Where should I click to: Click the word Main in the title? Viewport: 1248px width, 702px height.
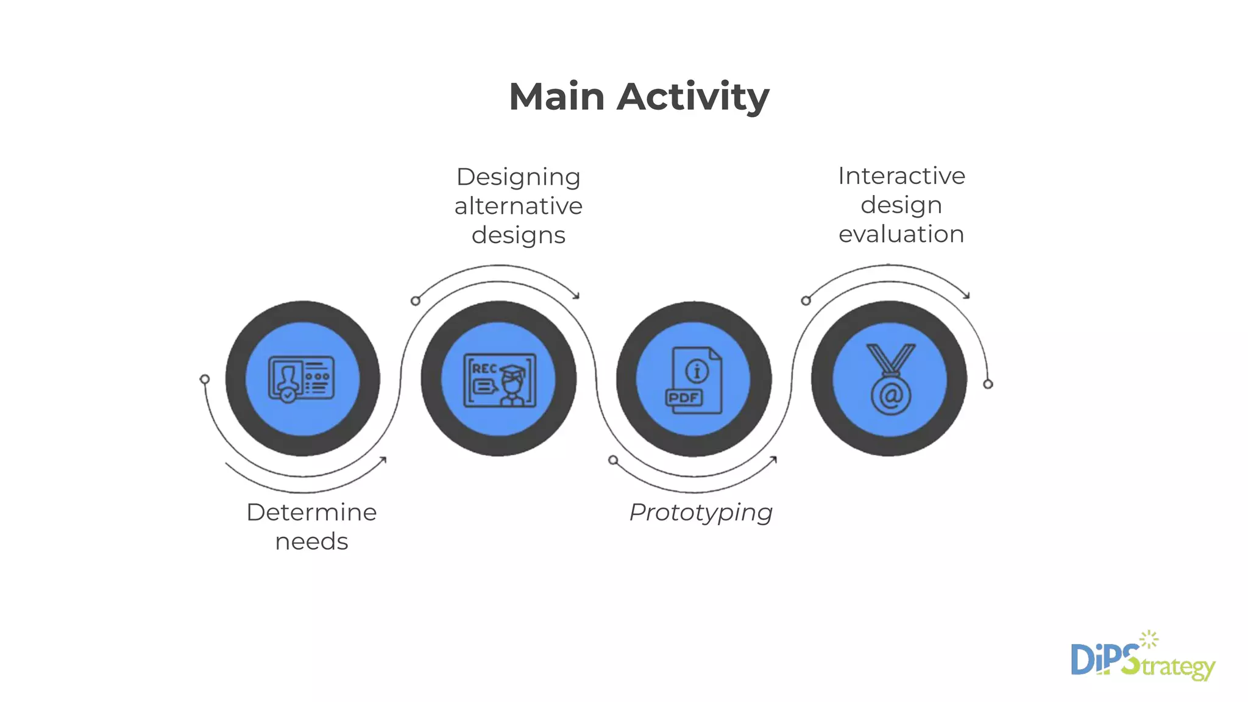tap(556, 97)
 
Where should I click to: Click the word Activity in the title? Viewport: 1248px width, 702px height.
tap(693, 97)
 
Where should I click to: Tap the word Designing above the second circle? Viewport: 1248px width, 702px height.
tap(519, 177)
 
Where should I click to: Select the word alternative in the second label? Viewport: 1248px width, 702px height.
tap(519, 206)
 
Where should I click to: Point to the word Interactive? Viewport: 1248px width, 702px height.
tap(901, 176)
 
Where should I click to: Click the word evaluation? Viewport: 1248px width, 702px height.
tap(901, 234)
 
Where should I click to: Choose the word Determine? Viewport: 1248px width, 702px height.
tap(311, 512)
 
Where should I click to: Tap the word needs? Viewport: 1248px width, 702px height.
tap(311, 541)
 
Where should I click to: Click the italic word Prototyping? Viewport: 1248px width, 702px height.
tap(701, 512)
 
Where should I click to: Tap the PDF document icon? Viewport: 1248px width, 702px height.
tap(694, 380)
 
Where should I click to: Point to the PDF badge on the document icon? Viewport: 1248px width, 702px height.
tap(684, 398)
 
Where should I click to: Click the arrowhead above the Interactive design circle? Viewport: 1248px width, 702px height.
tap(966, 296)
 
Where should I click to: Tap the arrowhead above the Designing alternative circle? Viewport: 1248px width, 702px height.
tap(576, 296)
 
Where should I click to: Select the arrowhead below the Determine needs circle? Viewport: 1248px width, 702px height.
tap(383, 459)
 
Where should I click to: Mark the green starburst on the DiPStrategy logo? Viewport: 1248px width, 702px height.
tap(1149, 639)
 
